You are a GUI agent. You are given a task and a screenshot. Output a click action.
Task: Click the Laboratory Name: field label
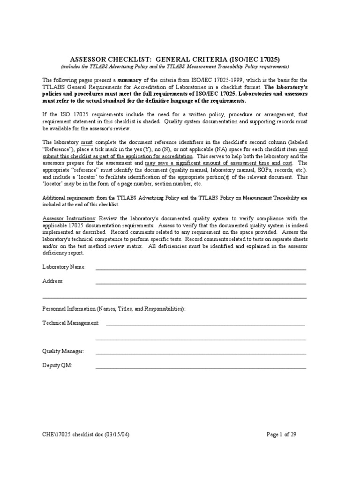click(x=64, y=267)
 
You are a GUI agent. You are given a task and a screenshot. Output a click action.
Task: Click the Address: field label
click(x=53, y=281)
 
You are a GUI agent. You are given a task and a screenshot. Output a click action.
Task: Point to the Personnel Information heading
click(x=114, y=309)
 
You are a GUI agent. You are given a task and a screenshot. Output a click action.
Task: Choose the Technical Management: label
click(x=71, y=323)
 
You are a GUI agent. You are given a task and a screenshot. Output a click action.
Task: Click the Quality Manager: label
click(x=63, y=351)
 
